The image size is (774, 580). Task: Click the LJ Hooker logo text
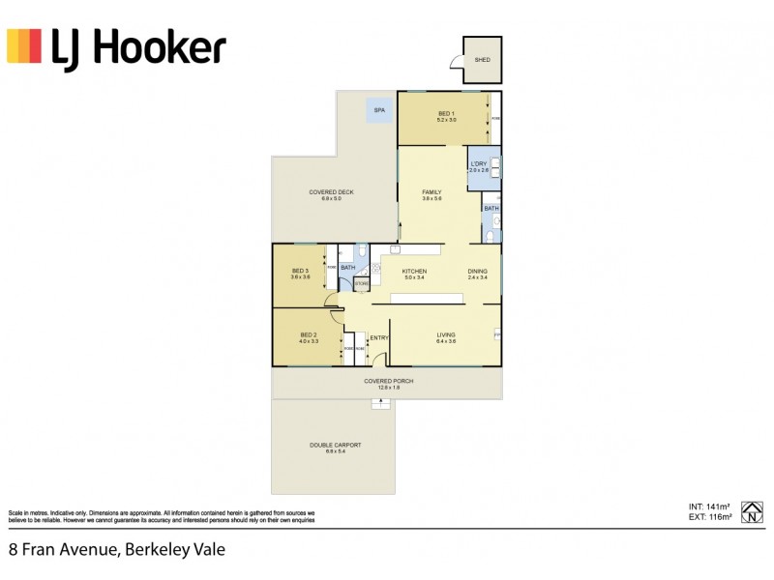[139, 46]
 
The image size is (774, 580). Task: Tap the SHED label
[482, 60]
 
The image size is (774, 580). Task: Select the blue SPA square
[379, 111]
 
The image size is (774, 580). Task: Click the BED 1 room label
[446, 113]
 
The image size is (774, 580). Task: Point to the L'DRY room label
[478, 163]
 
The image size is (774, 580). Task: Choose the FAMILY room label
[432, 192]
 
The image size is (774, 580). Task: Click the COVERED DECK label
[331, 192]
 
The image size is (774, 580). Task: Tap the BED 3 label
[300, 271]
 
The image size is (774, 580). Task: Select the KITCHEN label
[414, 272]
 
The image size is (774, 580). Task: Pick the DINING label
[478, 272]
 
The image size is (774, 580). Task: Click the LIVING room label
[445, 335]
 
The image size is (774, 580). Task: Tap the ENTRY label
[379, 337]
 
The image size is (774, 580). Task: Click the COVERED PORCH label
[389, 381]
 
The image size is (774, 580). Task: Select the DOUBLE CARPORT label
[335, 445]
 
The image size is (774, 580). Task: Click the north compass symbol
[752, 510]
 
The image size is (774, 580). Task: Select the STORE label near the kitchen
[360, 283]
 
